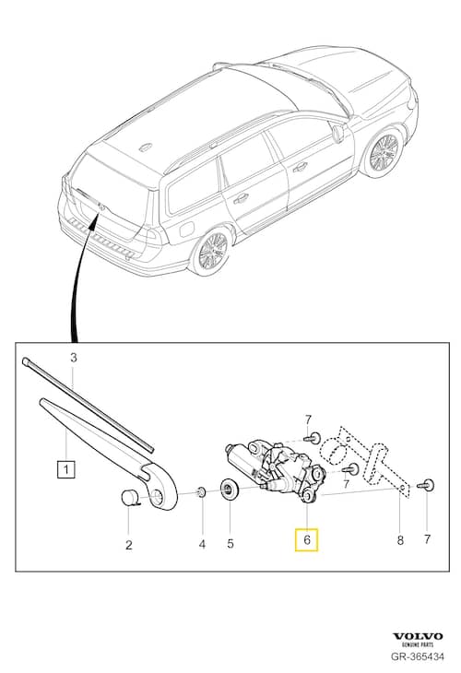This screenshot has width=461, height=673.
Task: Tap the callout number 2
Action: pyautogui.click(x=128, y=545)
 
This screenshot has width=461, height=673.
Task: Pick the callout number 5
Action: pyautogui.click(x=231, y=545)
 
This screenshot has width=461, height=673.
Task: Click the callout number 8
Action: pyautogui.click(x=400, y=540)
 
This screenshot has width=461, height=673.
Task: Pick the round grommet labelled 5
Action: pyautogui.click(x=227, y=489)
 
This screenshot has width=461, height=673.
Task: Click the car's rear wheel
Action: pyautogui.click(x=211, y=251)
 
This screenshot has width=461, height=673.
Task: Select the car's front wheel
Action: pyautogui.click(x=383, y=154)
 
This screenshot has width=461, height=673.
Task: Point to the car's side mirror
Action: pyautogui.click(x=337, y=133)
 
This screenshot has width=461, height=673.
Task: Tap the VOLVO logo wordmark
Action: pyautogui.click(x=418, y=636)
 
